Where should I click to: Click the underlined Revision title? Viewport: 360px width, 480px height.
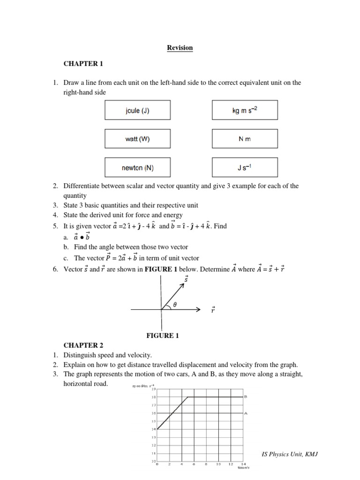click(x=180, y=48)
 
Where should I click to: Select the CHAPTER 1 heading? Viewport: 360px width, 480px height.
click(x=82, y=63)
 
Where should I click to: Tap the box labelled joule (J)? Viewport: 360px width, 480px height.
click(x=137, y=111)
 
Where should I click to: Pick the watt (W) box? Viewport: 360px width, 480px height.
click(x=137, y=139)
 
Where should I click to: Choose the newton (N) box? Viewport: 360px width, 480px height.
click(x=137, y=167)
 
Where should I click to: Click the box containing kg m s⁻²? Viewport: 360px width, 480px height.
click(x=245, y=111)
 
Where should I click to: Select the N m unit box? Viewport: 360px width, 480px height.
click(x=245, y=139)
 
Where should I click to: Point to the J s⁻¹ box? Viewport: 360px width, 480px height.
click(x=245, y=167)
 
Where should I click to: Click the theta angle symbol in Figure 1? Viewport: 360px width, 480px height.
click(x=175, y=304)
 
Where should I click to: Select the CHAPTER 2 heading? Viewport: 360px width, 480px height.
click(x=82, y=345)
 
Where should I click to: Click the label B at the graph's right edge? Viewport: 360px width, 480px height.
click(x=246, y=397)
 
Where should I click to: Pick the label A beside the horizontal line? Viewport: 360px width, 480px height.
click(x=246, y=413)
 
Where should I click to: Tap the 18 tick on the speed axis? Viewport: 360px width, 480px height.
click(x=153, y=397)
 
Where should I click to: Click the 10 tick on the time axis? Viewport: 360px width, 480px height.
click(x=218, y=465)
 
